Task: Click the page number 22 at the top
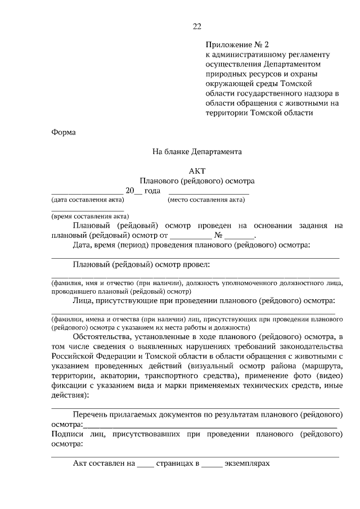pyautogui.click(x=196, y=26)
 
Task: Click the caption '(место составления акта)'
pyautogui.click(x=206, y=200)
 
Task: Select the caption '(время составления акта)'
pyautogui.click(x=89, y=216)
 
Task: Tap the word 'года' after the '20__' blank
pyautogui.click(x=152, y=191)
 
